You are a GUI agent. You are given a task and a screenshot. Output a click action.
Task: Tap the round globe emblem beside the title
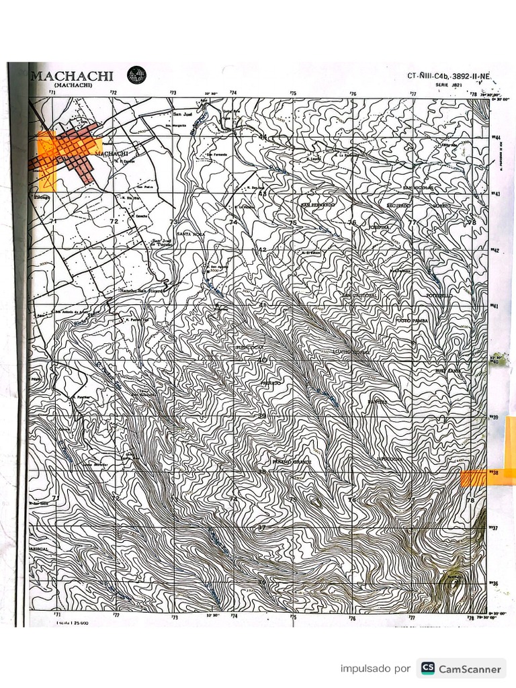pyautogui.click(x=137, y=74)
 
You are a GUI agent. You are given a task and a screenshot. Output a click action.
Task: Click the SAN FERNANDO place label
pyautogui.click(x=318, y=204)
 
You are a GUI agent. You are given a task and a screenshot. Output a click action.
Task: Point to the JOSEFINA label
pyautogui.click(x=380, y=228)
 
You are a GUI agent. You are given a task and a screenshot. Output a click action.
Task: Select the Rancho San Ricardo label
pyautogui.click(x=142, y=291)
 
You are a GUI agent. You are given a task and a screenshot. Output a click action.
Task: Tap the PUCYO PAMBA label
pyautogui.click(x=411, y=321)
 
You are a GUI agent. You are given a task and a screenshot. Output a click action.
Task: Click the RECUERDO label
pyautogui.click(x=398, y=205)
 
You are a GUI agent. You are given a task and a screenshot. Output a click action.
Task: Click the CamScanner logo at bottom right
pyautogui.click(x=461, y=669)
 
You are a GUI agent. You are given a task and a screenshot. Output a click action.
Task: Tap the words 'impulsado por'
pyautogui.click(x=375, y=669)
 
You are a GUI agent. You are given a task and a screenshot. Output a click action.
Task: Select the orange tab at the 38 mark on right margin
pyautogui.click(x=474, y=478)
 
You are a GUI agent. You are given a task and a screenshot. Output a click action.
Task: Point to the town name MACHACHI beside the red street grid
pyautogui.click(x=112, y=153)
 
